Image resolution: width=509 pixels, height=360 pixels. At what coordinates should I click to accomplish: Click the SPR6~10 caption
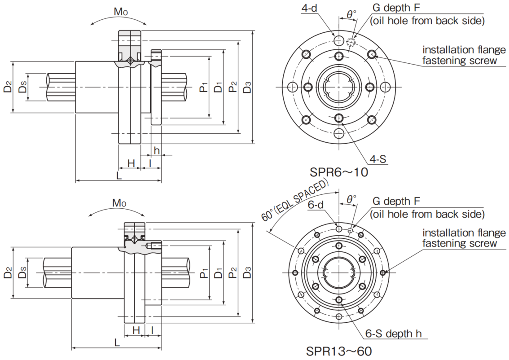point(338,172)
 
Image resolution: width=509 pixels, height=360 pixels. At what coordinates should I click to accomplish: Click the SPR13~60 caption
point(339,351)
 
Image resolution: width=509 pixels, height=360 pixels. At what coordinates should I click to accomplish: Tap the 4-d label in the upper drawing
point(309,9)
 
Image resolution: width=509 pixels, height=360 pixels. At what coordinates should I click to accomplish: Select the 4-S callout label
point(378,159)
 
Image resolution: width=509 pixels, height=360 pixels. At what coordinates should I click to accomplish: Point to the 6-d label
point(316,205)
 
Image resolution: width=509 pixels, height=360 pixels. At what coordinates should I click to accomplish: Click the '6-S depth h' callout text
point(394,334)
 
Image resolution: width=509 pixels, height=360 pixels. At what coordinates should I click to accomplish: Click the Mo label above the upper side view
point(120,12)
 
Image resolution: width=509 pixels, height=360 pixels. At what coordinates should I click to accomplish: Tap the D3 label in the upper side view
point(247,88)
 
